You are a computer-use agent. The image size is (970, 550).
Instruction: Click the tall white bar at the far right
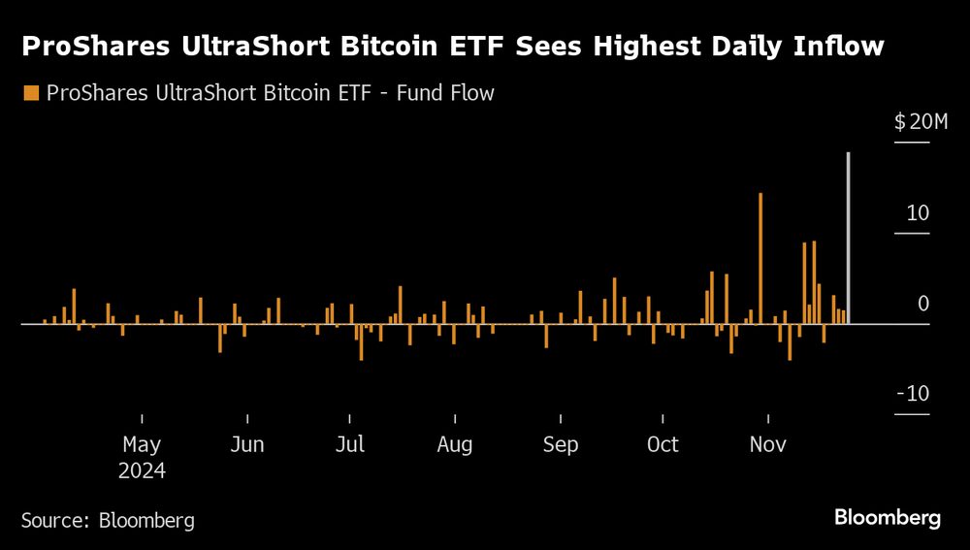(x=849, y=238)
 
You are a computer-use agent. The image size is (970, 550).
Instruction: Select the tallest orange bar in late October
(x=760, y=258)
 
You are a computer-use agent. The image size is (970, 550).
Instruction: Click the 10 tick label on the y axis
(x=918, y=212)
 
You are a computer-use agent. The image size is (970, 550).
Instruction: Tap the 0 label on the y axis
(x=923, y=304)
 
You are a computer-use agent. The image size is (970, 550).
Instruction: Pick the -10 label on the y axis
(x=913, y=395)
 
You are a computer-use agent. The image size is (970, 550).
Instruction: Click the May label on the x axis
(x=142, y=445)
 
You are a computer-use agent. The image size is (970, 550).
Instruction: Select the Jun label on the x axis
(x=247, y=445)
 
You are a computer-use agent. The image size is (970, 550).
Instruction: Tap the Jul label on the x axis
(x=350, y=445)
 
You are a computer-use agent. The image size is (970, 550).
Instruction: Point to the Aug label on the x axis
(x=454, y=445)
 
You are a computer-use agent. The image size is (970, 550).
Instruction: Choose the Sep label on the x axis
(x=560, y=445)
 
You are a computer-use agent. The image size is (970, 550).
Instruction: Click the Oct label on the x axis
(x=663, y=445)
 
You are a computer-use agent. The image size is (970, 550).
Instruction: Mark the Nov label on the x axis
(x=768, y=445)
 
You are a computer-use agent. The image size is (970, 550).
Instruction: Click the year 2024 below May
(x=142, y=471)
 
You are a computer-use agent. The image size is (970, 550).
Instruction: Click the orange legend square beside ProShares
(x=30, y=93)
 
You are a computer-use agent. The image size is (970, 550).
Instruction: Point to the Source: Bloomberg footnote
(x=108, y=520)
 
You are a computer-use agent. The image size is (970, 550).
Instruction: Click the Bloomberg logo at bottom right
(x=888, y=517)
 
